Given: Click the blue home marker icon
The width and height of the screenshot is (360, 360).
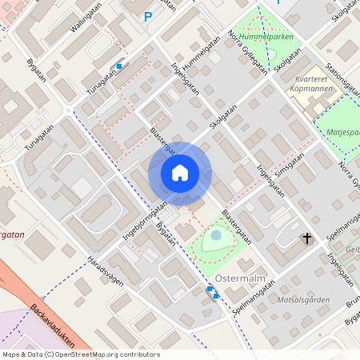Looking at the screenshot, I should pyautogui.click(x=180, y=173).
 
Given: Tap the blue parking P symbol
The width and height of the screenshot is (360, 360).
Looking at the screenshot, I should pyautogui.click(x=147, y=16).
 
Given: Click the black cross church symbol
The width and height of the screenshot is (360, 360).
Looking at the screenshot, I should pyautogui.click(x=306, y=238).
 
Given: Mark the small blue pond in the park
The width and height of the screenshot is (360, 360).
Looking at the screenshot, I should pyautogui.click(x=216, y=235).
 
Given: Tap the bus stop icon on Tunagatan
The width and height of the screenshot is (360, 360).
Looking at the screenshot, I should pyautogui.click(x=119, y=66).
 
